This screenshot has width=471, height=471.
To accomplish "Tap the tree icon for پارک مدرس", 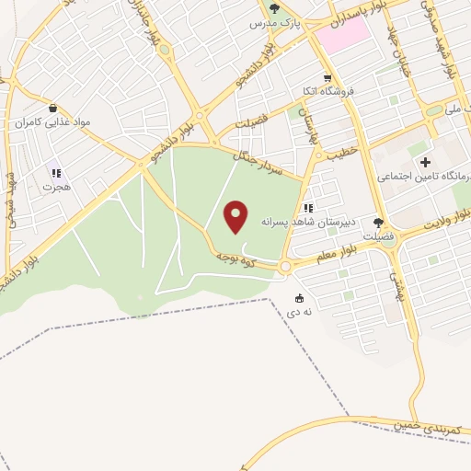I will click(x=274, y=9).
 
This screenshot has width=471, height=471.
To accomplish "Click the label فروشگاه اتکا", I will click(x=327, y=92).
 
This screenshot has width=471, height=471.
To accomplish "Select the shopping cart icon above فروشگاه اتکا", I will click(x=327, y=78).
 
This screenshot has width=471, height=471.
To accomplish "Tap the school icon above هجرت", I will click(x=55, y=171).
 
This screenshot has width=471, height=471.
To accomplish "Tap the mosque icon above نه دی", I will click(x=300, y=297).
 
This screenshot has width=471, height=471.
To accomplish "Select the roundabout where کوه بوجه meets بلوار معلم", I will click(x=284, y=267).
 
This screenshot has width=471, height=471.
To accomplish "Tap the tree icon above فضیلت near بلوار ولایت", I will click(x=378, y=222).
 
